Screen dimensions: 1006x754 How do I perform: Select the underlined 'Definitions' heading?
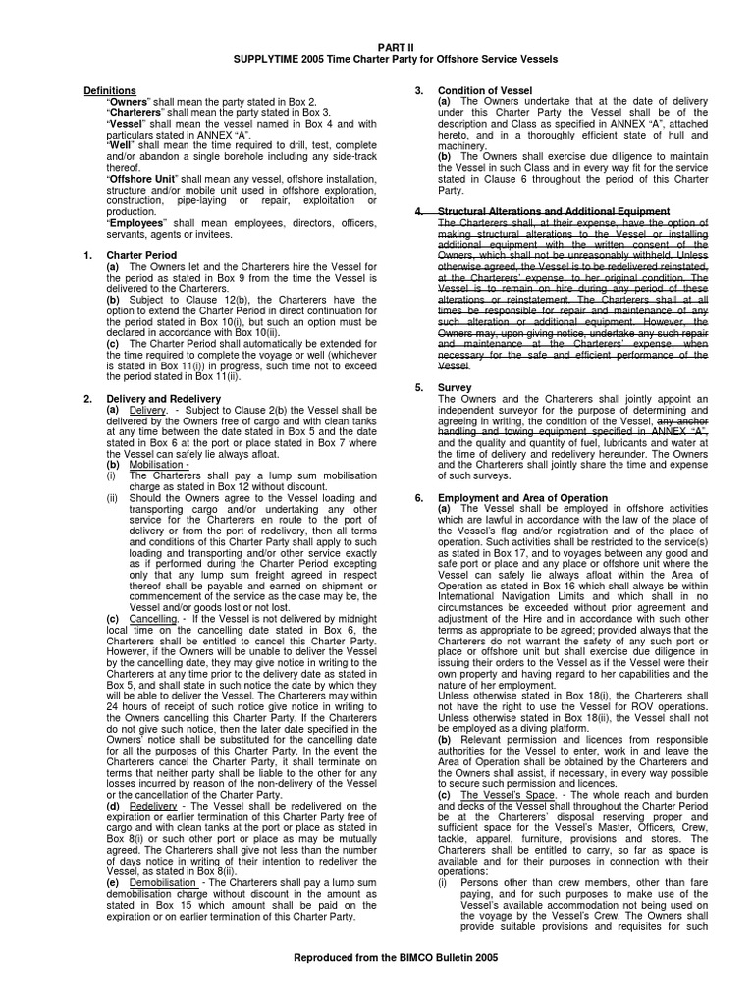tap(110, 90)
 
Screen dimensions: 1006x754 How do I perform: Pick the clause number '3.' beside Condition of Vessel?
tap(419, 90)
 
